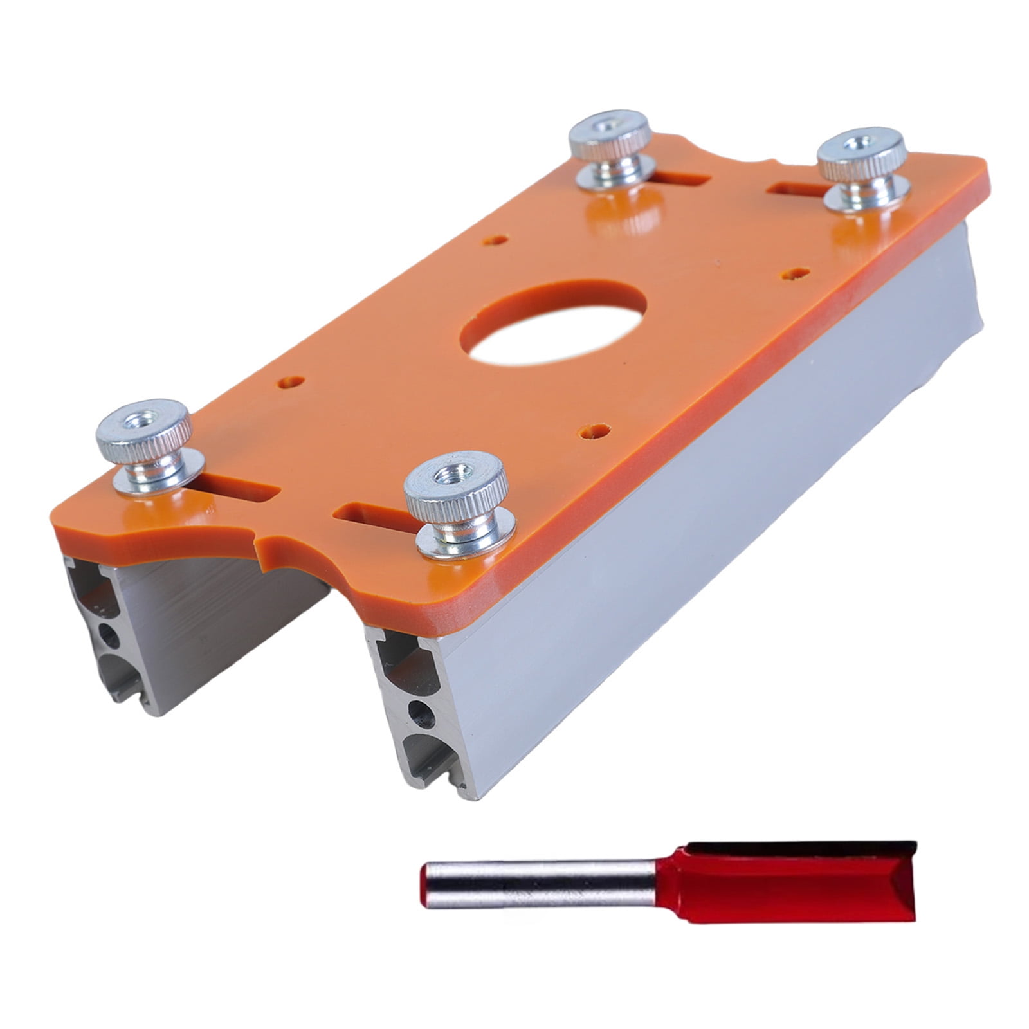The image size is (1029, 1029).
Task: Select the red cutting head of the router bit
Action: [785, 875]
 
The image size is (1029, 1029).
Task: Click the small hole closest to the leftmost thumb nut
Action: [291, 381]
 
